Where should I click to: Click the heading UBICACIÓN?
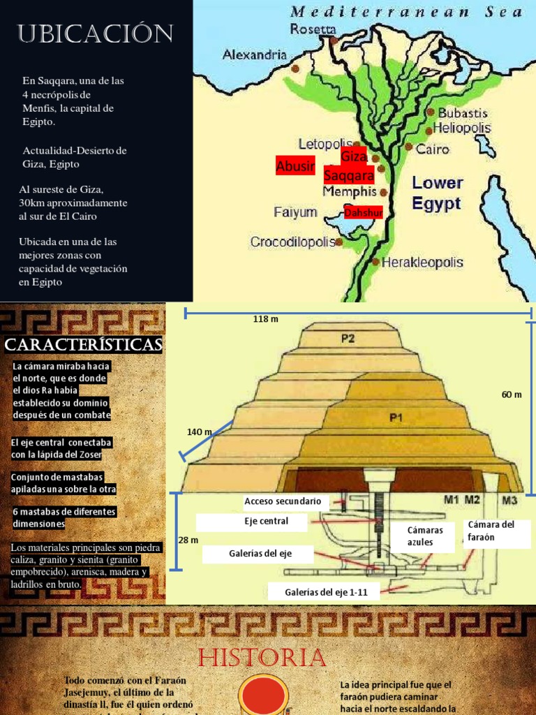[x=96, y=33]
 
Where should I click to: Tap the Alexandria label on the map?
[x=255, y=54]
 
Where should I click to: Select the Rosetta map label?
[x=313, y=29]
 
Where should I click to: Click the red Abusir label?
[x=295, y=165]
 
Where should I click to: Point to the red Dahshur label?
[x=363, y=212]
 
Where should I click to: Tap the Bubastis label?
[x=463, y=113]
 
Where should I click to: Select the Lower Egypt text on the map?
[x=437, y=193]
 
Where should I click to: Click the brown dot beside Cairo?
[x=408, y=147]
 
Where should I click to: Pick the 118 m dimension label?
[x=265, y=319]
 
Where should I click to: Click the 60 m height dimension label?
[x=512, y=395]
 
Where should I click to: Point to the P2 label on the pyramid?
[x=348, y=339]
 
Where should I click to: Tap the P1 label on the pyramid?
[x=396, y=418]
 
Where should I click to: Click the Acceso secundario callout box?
[x=283, y=501]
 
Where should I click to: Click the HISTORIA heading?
[x=262, y=658]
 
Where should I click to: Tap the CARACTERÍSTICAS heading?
[x=83, y=345]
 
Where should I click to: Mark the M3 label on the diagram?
[x=510, y=499]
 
